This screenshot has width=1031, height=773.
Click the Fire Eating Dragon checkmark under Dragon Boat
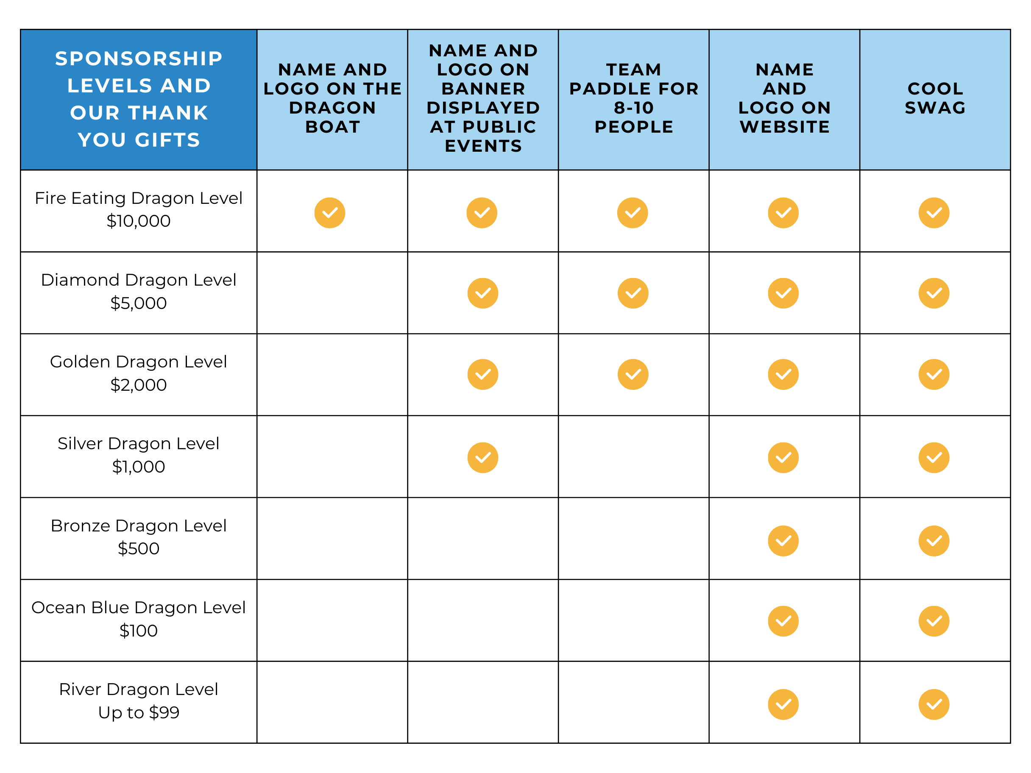(x=329, y=213)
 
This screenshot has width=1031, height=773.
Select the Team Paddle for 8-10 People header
(x=633, y=98)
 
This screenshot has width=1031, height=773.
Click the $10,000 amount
(x=139, y=221)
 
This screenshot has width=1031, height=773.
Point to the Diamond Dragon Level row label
(x=139, y=280)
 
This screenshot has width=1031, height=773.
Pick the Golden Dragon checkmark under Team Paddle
(x=633, y=374)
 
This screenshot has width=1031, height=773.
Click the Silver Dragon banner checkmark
(x=482, y=458)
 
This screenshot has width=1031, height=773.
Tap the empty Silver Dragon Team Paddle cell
(x=633, y=456)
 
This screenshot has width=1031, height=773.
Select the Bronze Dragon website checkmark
(x=783, y=541)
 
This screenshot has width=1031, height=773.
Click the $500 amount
(x=139, y=548)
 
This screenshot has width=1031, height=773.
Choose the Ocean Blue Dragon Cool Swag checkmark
(x=933, y=621)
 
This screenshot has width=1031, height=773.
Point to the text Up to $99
(x=139, y=712)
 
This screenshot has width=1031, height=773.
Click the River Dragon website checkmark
(x=783, y=704)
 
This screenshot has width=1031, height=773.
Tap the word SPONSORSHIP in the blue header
(x=139, y=59)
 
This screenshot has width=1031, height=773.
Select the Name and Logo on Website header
(x=784, y=98)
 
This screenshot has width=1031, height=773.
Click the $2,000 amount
(x=139, y=385)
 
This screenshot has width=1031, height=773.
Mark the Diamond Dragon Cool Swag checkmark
(x=933, y=293)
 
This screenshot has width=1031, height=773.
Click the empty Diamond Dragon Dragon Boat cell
(x=332, y=293)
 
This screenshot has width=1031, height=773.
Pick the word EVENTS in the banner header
(x=483, y=146)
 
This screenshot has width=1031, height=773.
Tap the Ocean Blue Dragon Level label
(x=139, y=608)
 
